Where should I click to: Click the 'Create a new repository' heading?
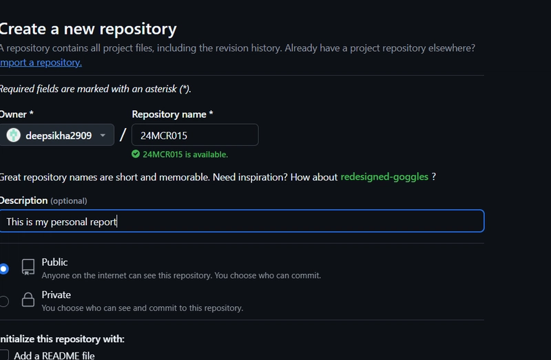coord(88,30)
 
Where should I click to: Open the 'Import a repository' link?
coord(41,63)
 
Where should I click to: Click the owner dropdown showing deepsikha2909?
coord(57,135)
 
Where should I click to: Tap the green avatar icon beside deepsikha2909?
coord(13,135)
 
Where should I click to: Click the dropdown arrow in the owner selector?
coord(103,135)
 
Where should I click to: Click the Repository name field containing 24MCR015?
coord(195,135)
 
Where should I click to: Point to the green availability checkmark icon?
coord(136,154)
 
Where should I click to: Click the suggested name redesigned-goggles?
coord(384,177)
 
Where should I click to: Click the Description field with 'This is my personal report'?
coord(242,221)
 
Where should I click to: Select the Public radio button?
coord(4,269)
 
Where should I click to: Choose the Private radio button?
coord(4,301)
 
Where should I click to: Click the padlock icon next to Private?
coord(28,299)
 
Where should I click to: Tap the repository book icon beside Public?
coord(28,267)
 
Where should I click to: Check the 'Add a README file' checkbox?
coord(4,355)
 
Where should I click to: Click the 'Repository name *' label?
coord(172,114)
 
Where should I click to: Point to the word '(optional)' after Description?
coord(68,201)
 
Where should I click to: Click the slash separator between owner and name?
coord(123,135)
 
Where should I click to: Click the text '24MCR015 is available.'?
coord(185,155)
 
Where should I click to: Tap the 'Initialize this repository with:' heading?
coord(62,339)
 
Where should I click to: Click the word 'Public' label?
coord(54,262)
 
